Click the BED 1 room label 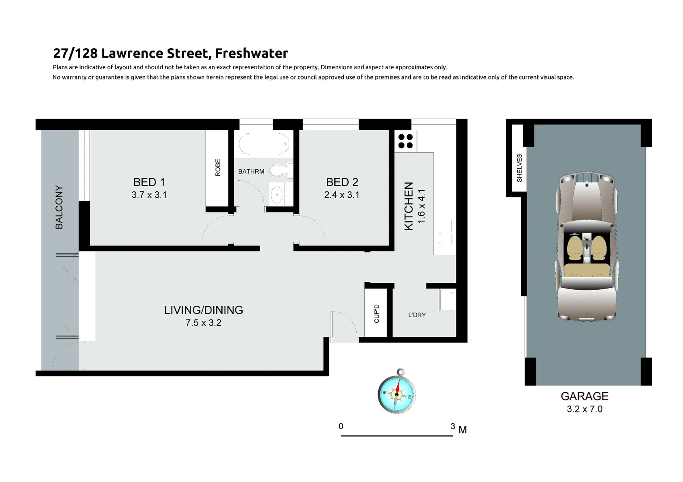tap(149, 182)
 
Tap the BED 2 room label tap(342, 182)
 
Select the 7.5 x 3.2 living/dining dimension tap(203, 323)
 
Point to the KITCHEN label tap(409, 206)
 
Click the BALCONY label tap(59, 207)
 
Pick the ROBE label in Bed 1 tap(218, 167)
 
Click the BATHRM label tap(251, 171)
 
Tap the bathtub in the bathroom tap(263, 144)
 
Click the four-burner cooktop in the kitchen tap(405, 141)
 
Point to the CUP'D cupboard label tap(376, 313)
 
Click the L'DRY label tap(417, 315)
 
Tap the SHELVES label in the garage tap(519, 168)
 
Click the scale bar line tap(397, 436)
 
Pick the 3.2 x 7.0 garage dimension tap(584, 409)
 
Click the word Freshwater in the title tap(251, 54)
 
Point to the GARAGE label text tap(584, 396)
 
